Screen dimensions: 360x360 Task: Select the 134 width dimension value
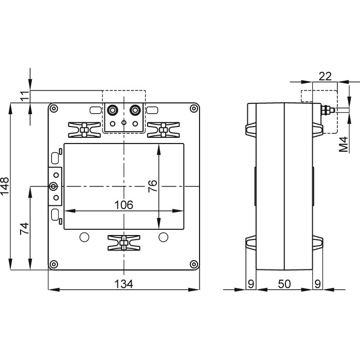click(123, 284)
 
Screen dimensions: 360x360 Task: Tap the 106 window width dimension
click(123, 205)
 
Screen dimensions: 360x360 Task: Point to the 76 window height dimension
click(152, 186)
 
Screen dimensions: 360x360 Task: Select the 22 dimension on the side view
click(325, 76)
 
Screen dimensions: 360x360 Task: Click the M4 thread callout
click(343, 146)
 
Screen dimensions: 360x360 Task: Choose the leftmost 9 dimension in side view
click(251, 284)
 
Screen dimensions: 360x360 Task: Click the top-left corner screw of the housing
click(53, 109)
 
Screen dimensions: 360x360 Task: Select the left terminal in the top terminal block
click(112, 110)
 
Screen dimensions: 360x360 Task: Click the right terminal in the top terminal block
click(135, 110)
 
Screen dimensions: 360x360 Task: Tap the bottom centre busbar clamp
click(123, 243)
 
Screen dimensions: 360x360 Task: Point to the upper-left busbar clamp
click(83, 130)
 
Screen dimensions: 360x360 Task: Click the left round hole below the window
click(84, 237)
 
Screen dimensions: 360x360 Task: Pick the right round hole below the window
click(163, 237)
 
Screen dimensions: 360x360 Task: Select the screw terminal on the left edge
click(53, 186)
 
